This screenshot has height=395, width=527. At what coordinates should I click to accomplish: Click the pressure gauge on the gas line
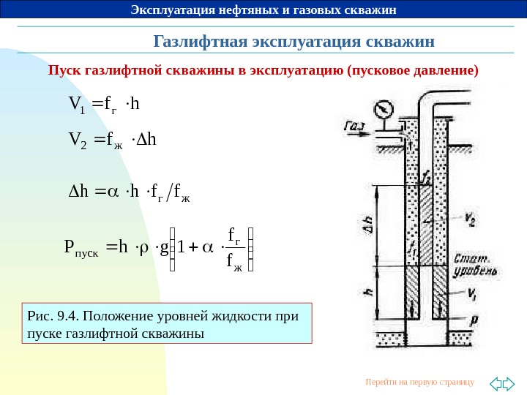[381, 109]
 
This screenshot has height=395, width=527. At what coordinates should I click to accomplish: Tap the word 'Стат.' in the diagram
[468, 257]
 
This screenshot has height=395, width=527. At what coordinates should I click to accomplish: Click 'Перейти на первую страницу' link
[419, 382]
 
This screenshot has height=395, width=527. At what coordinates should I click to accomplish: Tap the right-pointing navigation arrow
[509, 383]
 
